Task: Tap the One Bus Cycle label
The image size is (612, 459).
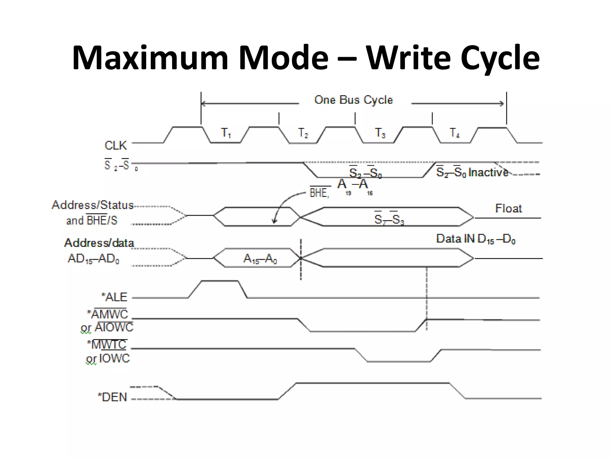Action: [x=354, y=100]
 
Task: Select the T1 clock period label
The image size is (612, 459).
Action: [x=226, y=133]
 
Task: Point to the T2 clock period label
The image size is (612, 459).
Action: [x=303, y=133]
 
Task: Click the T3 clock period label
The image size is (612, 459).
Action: [x=380, y=133]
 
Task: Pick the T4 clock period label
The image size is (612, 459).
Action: [x=455, y=133]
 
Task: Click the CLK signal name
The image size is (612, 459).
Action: [x=116, y=146]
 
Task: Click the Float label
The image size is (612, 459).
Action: [x=508, y=208]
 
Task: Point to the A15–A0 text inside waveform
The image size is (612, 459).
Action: [x=260, y=258]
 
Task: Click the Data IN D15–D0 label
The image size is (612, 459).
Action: [x=475, y=239]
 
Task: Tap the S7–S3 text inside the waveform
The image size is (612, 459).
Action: [x=389, y=219]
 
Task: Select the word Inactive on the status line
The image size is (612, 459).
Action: [x=488, y=172]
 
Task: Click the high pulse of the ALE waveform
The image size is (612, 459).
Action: [x=220, y=281]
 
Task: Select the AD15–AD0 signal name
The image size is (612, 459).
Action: [x=94, y=258]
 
